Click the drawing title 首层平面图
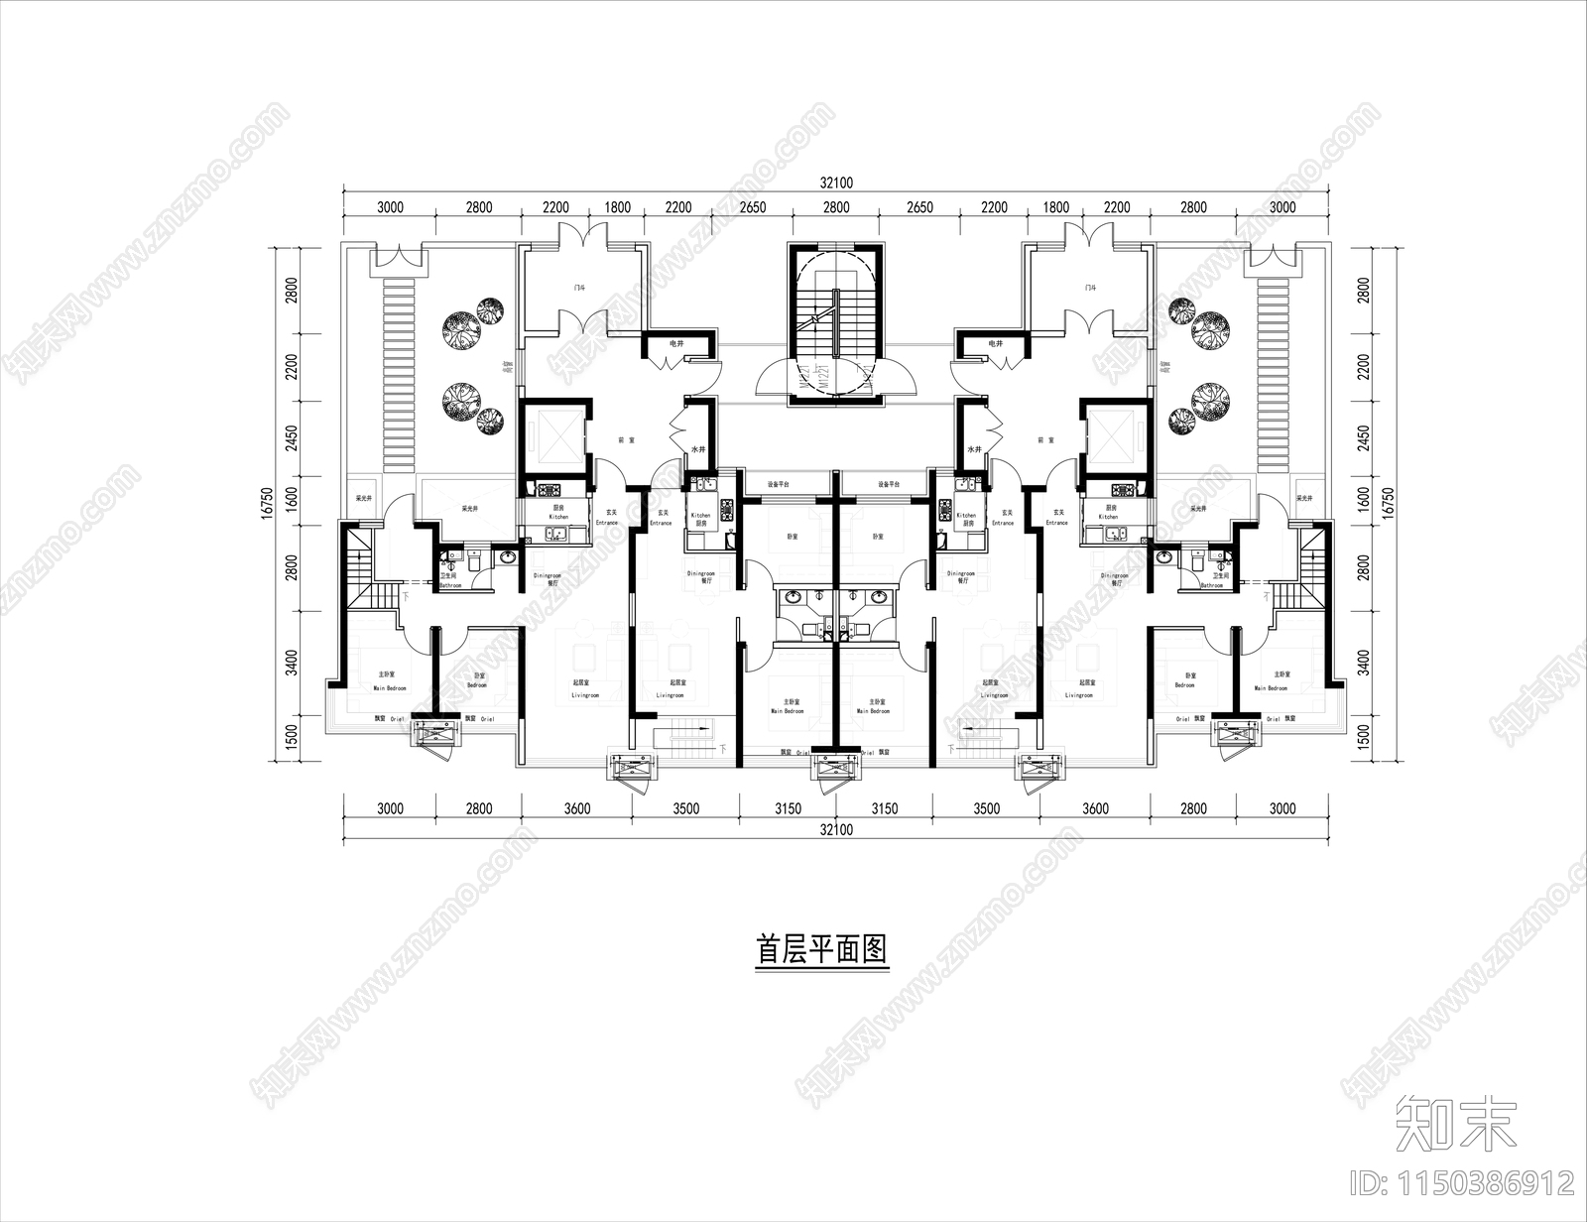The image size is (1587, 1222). pyautogui.click(x=820, y=950)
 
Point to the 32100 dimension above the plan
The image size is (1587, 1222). pyautogui.click(x=836, y=183)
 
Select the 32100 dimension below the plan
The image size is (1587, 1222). pyautogui.click(x=836, y=830)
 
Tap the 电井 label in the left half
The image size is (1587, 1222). pyautogui.click(x=676, y=343)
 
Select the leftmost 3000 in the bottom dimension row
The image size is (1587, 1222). pyautogui.click(x=390, y=808)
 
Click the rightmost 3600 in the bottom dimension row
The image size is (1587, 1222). pyautogui.click(x=1094, y=808)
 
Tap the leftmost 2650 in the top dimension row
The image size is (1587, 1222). pyautogui.click(x=753, y=207)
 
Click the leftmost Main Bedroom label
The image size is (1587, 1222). pyautogui.click(x=391, y=687)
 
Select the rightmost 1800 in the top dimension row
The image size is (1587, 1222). pyautogui.click(x=1056, y=207)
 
